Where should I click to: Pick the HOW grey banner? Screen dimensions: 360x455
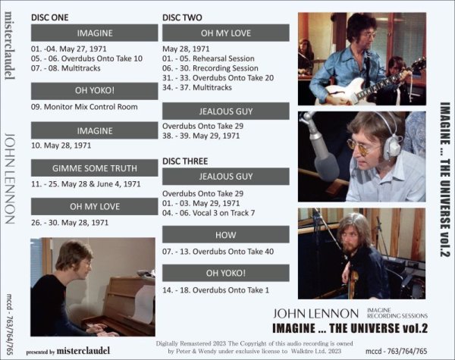tap(226, 236)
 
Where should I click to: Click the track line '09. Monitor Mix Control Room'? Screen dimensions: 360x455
tap(85, 107)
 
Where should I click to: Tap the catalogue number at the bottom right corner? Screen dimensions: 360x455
tap(414, 350)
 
